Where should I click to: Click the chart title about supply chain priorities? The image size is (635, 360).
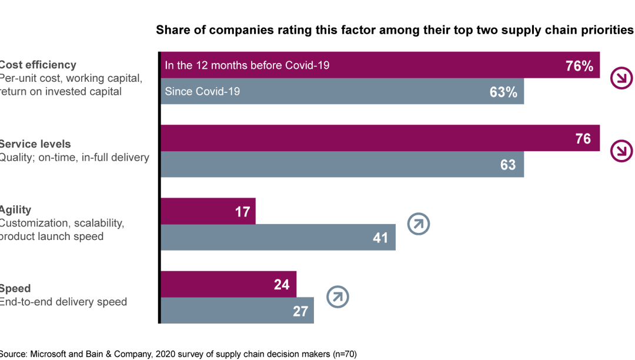[395, 30]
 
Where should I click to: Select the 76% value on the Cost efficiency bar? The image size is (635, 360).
[579, 66]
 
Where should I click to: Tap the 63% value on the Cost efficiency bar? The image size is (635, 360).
[503, 92]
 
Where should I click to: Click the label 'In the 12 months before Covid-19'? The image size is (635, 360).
[247, 65]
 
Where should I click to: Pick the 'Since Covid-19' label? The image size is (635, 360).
[202, 91]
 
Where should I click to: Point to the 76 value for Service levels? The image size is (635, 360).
[583, 139]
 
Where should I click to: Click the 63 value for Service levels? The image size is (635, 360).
[507, 165]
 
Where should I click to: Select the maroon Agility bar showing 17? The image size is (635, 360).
[208, 211]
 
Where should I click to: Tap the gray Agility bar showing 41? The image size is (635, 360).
[278, 238]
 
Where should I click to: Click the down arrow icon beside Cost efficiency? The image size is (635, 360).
[621, 78]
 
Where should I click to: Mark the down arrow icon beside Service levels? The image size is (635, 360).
[621, 151]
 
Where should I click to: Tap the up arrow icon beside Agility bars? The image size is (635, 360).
[419, 224]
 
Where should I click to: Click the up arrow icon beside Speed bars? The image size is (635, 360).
[337, 296]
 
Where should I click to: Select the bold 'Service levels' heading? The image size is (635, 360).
[35, 144]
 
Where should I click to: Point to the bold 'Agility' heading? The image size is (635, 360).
[16, 210]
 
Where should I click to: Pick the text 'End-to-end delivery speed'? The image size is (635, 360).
[63, 302]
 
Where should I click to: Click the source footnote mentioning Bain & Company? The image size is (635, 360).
[178, 354]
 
